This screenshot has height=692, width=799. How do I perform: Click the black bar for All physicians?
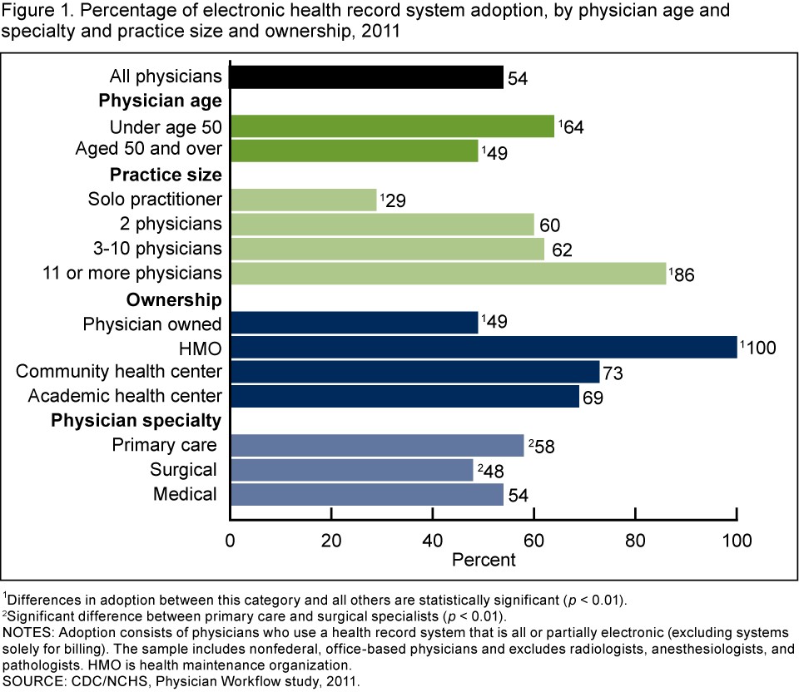click(x=366, y=77)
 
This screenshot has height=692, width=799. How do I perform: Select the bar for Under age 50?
click(x=391, y=126)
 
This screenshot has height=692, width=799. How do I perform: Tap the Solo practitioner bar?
click(x=303, y=200)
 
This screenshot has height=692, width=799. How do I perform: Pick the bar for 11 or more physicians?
click(x=448, y=273)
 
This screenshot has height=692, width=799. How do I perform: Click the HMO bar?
click(x=483, y=347)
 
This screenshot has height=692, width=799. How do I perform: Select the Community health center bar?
click(x=414, y=371)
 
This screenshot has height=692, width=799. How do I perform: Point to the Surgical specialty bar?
click(x=351, y=470)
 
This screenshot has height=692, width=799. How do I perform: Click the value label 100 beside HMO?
click(x=761, y=347)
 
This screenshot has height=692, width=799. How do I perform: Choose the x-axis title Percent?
click(x=484, y=560)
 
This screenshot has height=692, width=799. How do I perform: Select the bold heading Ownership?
click(x=174, y=299)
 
